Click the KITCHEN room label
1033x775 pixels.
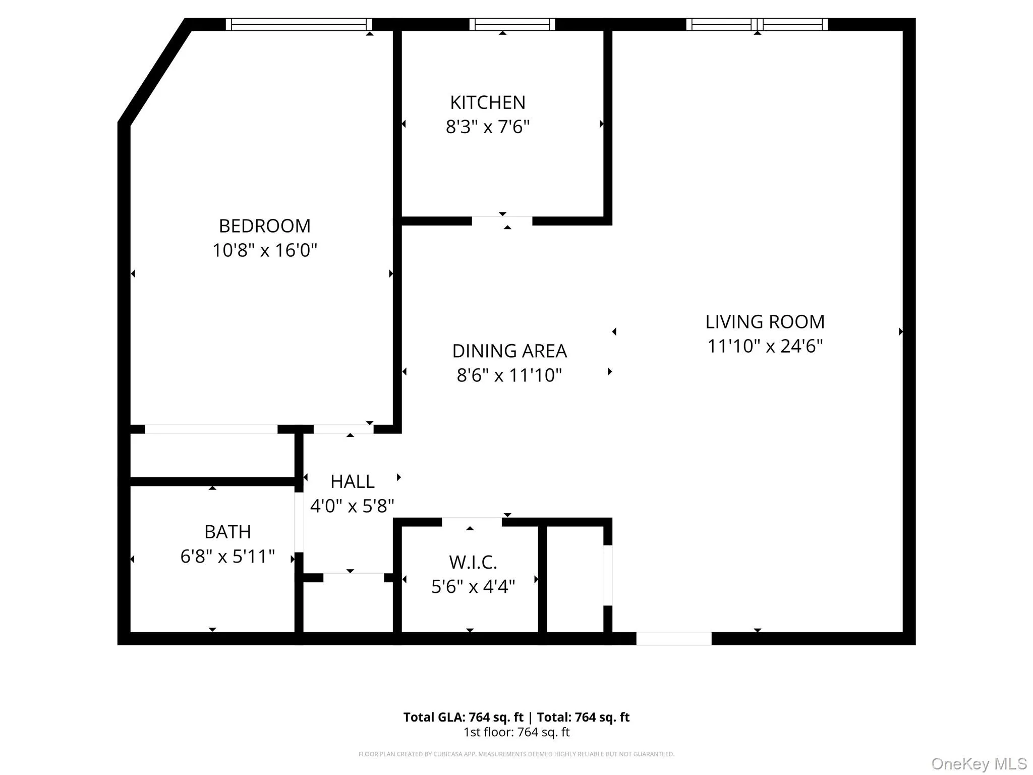[488, 102]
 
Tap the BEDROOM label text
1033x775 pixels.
[265, 226]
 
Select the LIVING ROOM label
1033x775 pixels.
[765, 321]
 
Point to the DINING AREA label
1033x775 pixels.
[509, 351]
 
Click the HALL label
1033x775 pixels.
[352, 481]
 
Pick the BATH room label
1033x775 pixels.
[227, 532]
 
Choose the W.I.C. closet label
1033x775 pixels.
[473, 562]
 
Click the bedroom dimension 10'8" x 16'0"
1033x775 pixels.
[265, 250]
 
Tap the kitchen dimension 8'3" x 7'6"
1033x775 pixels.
[488, 127]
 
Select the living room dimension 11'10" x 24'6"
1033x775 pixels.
[765, 346]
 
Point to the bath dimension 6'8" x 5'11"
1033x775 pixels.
[227, 557]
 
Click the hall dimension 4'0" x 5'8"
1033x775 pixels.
[352, 506]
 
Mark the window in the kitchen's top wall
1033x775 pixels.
[512, 24]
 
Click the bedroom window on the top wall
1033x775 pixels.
[299, 24]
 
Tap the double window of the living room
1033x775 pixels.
[757, 24]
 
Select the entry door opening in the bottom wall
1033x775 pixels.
[674, 638]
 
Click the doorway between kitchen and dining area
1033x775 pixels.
[502, 220]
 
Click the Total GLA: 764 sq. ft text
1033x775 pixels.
[464, 717]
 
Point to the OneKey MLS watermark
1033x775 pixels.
[979, 763]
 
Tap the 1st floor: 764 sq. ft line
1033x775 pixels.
[516, 732]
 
